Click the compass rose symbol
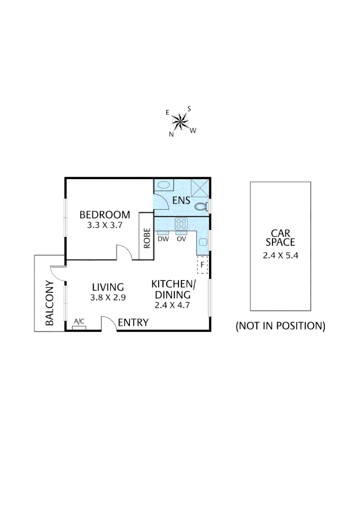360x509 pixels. [x=180, y=122]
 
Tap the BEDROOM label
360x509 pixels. [x=105, y=215]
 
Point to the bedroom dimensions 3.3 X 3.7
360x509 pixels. [x=105, y=225]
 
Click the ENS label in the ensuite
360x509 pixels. [x=181, y=200]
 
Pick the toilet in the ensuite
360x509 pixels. [x=201, y=206]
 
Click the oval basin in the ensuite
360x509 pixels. [x=164, y=185]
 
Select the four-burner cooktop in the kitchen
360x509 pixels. [x=181, y=223]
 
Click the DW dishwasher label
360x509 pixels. [x=164, y=239]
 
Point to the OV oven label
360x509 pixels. [x=181, y=239]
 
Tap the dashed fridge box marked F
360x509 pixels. [x=202, y=265]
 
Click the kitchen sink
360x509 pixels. [x=203, y=242]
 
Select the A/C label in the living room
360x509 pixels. [x=79, y=321]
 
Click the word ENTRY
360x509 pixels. [x=133, y=323]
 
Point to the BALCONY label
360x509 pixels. [x=50, y=304]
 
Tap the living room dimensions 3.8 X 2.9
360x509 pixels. [x=108, y=297]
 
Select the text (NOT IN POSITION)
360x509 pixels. [x=280, y=326]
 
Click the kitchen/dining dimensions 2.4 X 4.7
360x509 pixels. [x=172, y=305]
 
